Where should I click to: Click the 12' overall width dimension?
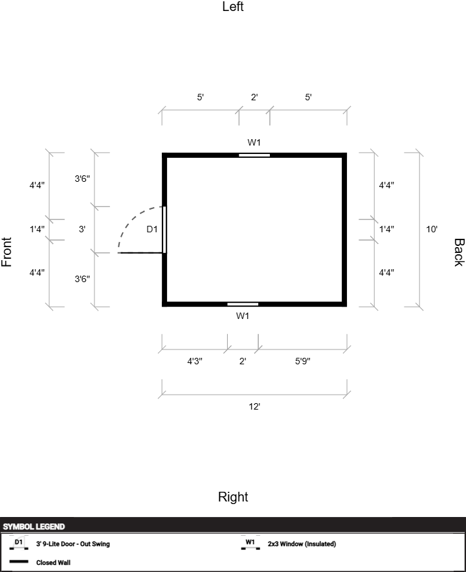pyautogui.click(x=254, y=406)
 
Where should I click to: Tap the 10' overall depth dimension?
pyautogui.click(x=432, y=229)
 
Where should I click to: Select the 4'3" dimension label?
pyautogui.click(x=195, y=362)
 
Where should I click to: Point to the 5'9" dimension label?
pyautogui.click(x=302, y=362)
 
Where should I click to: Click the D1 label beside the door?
pyautogui.click(x=152, y=229)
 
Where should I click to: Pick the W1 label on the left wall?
pyautogui.click(x=254, y=142)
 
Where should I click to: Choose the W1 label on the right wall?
pyautogui.click(x=243, y=316)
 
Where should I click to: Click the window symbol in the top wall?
pyautogui.click(x=254, y=155)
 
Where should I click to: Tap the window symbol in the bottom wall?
pyautogui.click(x=243, y=303)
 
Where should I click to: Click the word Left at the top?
pyautogui.click(x=233, y=7)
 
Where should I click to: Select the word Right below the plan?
pyautogui.click(x=233, y=497)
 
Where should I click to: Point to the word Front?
pyautogui.click(x=7, y=252)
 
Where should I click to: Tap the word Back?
pyautogui.click(x=458, y=252)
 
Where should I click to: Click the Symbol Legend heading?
pyautogui.click(x=34, y=527)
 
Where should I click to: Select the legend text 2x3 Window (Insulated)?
pyautogui.click(x=302, y=544)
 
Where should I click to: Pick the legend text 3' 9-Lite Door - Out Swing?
pyautogui.click(x=72, y=544)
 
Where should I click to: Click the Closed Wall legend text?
pyautogui.click(x=53, y=562)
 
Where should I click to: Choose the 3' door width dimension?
pyautogui.click(x=82, y=229)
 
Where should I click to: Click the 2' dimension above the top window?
pyautogui.click(x=254, y=98)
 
